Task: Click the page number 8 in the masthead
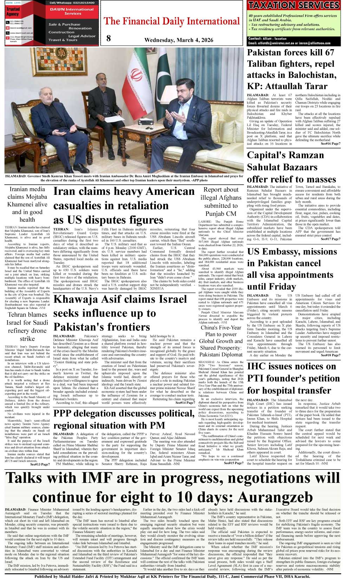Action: tap(109, 38)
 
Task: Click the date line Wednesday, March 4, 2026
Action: tap(179, 40)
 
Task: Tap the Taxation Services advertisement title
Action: tap(294, 5)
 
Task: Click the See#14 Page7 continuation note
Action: tap(185, 402)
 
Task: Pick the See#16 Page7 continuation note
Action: tap(330, 144)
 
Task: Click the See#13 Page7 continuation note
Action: tap(40, 464)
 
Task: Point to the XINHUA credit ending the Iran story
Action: tap(157, 288)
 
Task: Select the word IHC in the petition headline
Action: tap(257, 366)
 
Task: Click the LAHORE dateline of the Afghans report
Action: tap(204, 222)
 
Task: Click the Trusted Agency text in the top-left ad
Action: tap(13, 12)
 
